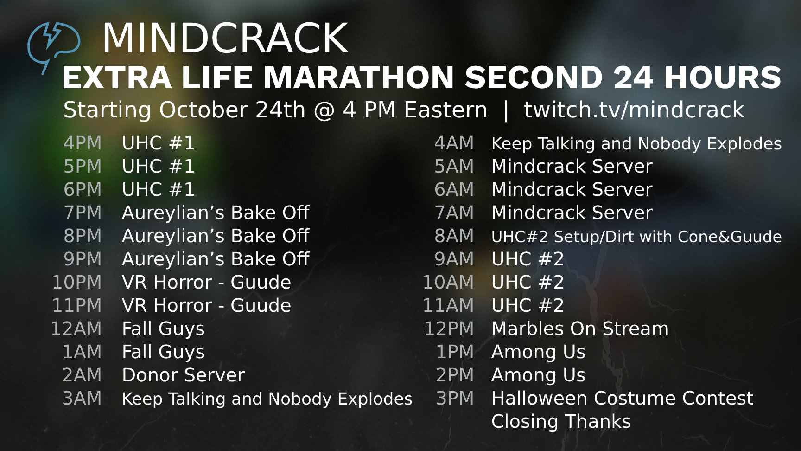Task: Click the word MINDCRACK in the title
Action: coord(225,38)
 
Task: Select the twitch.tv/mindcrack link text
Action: coord(634,110)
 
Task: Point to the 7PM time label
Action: coord(83,213)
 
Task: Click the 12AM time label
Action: coord(76,329)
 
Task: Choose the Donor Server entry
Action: coord(183,375)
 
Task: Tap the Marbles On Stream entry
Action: coord(580,329)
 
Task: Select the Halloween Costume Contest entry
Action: coord(623,398)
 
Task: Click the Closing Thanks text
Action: coord(561,421)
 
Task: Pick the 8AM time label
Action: coord(454,236)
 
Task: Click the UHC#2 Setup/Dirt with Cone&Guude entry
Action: coord(636,237)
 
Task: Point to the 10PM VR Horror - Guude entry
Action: coord(206,282)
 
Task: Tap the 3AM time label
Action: coord(82,398)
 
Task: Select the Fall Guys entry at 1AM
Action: coord(163,352)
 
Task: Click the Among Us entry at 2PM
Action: coord(538,375)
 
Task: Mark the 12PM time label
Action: coord(449,329)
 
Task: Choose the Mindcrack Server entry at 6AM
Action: coord(572,189)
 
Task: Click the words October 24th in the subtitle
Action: coord(232,110)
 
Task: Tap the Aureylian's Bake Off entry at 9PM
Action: coord(216,259)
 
